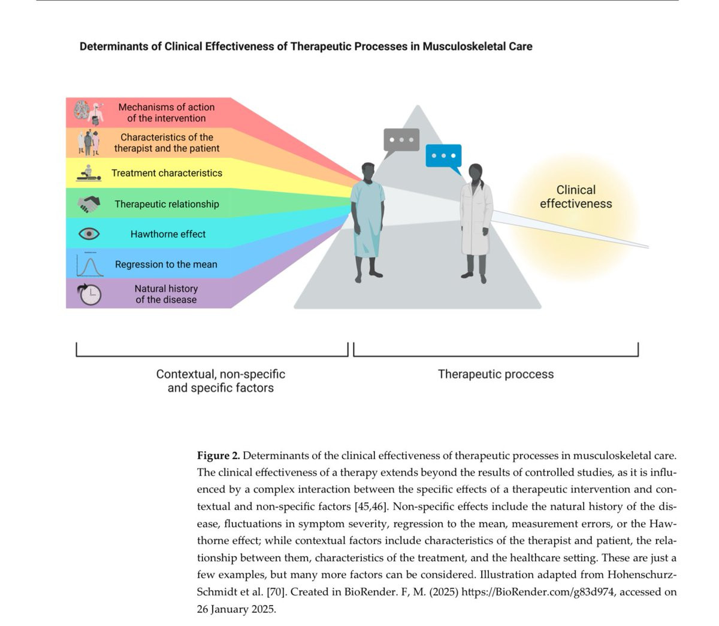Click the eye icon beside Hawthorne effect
(x=89, y=233)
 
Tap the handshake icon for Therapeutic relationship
(x=89, y=204)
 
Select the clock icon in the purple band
(x=89, y=294)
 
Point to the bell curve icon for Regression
(x=90, y=265)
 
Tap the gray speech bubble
(x=401, y=142)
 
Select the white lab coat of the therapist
(x=476, y=218)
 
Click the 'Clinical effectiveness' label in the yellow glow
(x=576, y=196)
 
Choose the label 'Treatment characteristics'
(x=167, y=173)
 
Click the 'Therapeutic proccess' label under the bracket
(x=496, y=374)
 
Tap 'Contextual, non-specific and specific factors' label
(x=220, y=381)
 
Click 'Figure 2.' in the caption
(x=218, y=455)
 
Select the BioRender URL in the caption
(x=537, y=592)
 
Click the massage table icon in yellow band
(x=89, y=173)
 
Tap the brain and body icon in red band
(x=89, y=113)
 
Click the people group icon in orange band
(x=89, y=142)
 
